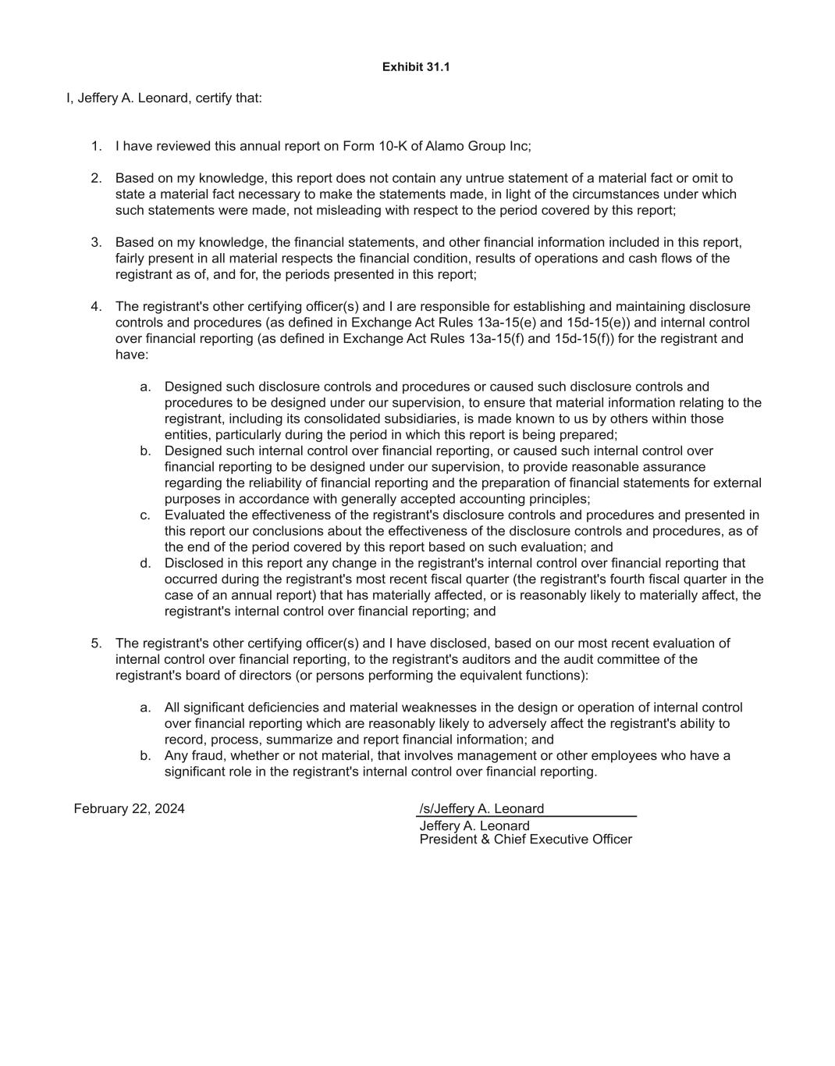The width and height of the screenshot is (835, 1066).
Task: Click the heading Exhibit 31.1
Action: point(416,67)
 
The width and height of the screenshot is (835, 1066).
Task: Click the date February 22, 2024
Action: point(130,809)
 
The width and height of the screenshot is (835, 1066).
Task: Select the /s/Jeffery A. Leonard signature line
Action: point(481,809)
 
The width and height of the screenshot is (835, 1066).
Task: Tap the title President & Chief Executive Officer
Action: point(525,840)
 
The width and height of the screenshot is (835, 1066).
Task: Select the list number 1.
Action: point(96,146)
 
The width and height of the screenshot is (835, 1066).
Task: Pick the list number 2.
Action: point(96,178)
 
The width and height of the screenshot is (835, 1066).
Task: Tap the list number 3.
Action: point(96,242)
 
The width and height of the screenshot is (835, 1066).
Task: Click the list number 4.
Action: point(96,306)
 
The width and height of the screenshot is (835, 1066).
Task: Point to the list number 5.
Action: point(96,644)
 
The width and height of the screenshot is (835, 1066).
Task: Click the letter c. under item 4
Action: point(145,515)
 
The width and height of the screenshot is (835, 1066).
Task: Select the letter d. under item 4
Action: point(145,563)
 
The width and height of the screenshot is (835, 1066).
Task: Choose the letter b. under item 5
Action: point(145,756)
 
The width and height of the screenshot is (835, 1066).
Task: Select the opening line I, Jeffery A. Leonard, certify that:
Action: point(164,98)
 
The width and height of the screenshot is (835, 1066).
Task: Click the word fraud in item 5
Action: point(208,756)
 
